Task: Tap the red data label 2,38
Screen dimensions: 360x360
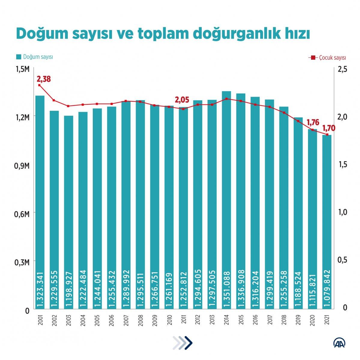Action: pyautogui.click(x=44, y=79)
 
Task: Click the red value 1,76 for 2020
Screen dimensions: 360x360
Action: pyautogui.click(x=313, y=122)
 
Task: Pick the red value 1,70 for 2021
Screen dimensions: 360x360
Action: pyautogui.click(x=328, y=128)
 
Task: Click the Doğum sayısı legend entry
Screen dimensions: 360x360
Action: pyautogui.click(x=35, y=57)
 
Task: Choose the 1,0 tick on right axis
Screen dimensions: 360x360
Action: pyautogui.click(x=342, y=212)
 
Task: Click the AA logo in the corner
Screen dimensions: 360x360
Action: pyautogui.click(x=340, y=343)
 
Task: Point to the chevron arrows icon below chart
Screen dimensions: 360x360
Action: pyautogui.click(x=183, y=343)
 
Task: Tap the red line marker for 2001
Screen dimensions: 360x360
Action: pyautogui.click(x=40, y=85)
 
